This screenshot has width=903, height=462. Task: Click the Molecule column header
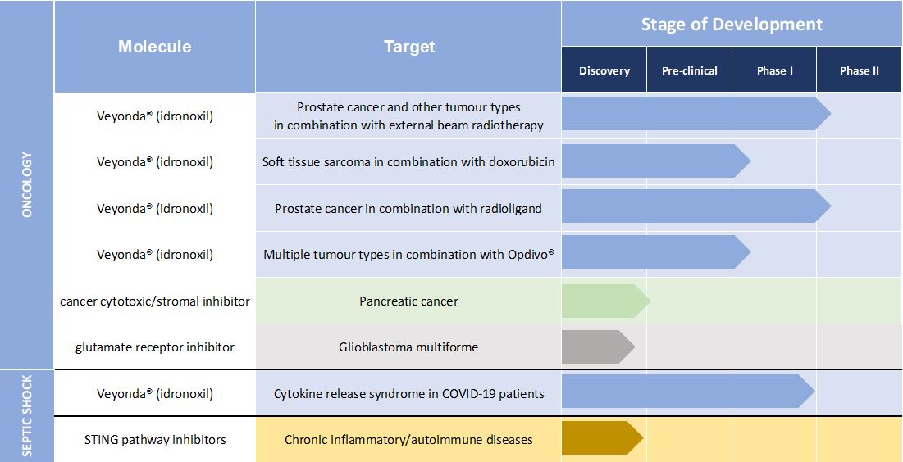[x=155, y=47]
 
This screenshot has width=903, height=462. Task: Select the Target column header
[x=409, y=47]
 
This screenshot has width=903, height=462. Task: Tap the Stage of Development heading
[x=732, y=24]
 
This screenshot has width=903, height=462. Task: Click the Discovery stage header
[x=604, y=70]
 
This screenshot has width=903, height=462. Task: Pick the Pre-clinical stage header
[x=689, y=70]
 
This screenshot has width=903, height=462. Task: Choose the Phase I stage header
[x=774, y=70]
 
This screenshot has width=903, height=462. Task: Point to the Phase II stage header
[x=860, y=70]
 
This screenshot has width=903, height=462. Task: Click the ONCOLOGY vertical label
[x=27, y=184]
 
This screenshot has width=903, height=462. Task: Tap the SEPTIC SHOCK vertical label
[x=27, y=416]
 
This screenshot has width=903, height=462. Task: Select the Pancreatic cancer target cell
[x=409, y=301]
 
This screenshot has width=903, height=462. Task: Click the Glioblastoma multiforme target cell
[x=409, y=347]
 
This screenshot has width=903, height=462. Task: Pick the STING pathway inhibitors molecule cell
[x=155, y=440]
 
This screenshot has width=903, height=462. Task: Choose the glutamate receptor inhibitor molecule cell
[x=155, y=347]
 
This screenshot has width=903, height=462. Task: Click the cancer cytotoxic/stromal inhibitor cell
[x=155, y=301]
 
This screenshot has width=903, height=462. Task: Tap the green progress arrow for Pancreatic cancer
[x=606, y=301]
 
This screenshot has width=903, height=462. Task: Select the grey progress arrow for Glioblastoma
[x=599, y=347]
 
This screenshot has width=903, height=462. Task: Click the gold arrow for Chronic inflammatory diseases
[x=602, y=438]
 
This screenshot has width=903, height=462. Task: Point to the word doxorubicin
[x=520, y=161]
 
